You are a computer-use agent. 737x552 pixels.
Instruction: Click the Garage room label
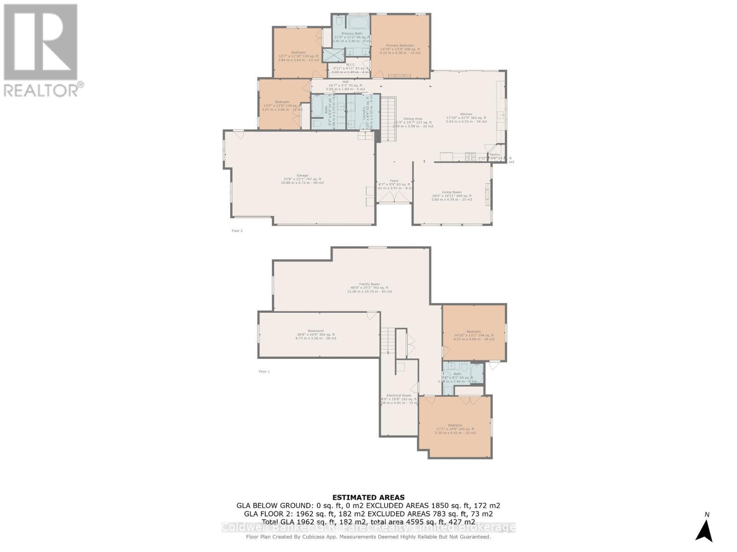tap(302, 175)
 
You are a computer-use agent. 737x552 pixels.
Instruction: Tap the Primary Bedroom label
tap(400, 46)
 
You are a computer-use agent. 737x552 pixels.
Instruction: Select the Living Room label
tap(452, 192)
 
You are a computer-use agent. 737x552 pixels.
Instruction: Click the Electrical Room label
tap(399, 396)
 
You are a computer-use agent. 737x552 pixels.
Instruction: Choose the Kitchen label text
tap(466, 114)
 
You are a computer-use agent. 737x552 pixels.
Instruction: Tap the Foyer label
tap(394, 181)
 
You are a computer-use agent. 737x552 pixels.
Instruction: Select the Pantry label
tap(495, 155)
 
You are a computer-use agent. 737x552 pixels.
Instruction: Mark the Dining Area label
tap(413, 119)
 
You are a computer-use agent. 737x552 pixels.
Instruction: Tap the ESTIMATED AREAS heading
tap(368, 497)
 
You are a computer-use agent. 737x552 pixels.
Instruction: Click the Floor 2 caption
tap(237, 231)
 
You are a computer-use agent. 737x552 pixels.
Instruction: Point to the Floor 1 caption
tap(264, 371)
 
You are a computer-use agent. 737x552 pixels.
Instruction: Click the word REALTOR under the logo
tap(41, 90)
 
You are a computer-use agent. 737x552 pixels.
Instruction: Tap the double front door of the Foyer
tap(394, 197)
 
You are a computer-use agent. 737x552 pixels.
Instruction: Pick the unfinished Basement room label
tap(316, 331)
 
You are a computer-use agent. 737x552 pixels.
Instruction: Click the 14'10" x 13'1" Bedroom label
tap(474, 332)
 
